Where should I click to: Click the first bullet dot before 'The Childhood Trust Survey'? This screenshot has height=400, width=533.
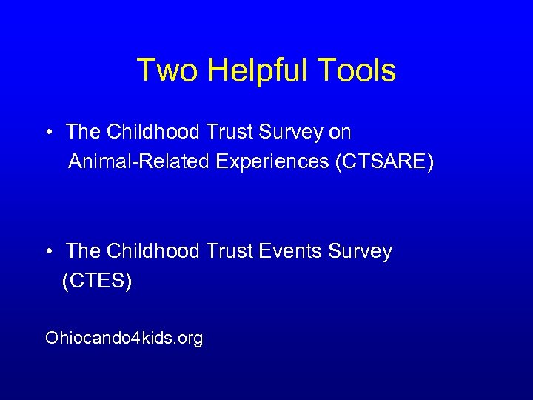pyautogui.click(x=47, y=133)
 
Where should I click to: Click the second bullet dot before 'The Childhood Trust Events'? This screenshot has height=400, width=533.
pyautogui.click(x=47, y=253)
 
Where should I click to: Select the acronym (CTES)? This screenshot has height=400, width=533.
pyautogui.click(x=97, y=281)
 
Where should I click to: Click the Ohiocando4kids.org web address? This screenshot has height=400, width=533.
pyautogui.click(x=124, y=339)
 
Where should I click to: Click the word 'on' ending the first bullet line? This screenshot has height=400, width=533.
pyautogui.click(x=341, y=133)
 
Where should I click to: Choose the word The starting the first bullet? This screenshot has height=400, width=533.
pyautogui.click(x=81, y=133)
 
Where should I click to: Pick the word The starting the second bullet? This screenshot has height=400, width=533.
pyautogui.click(x=81, y=252)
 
